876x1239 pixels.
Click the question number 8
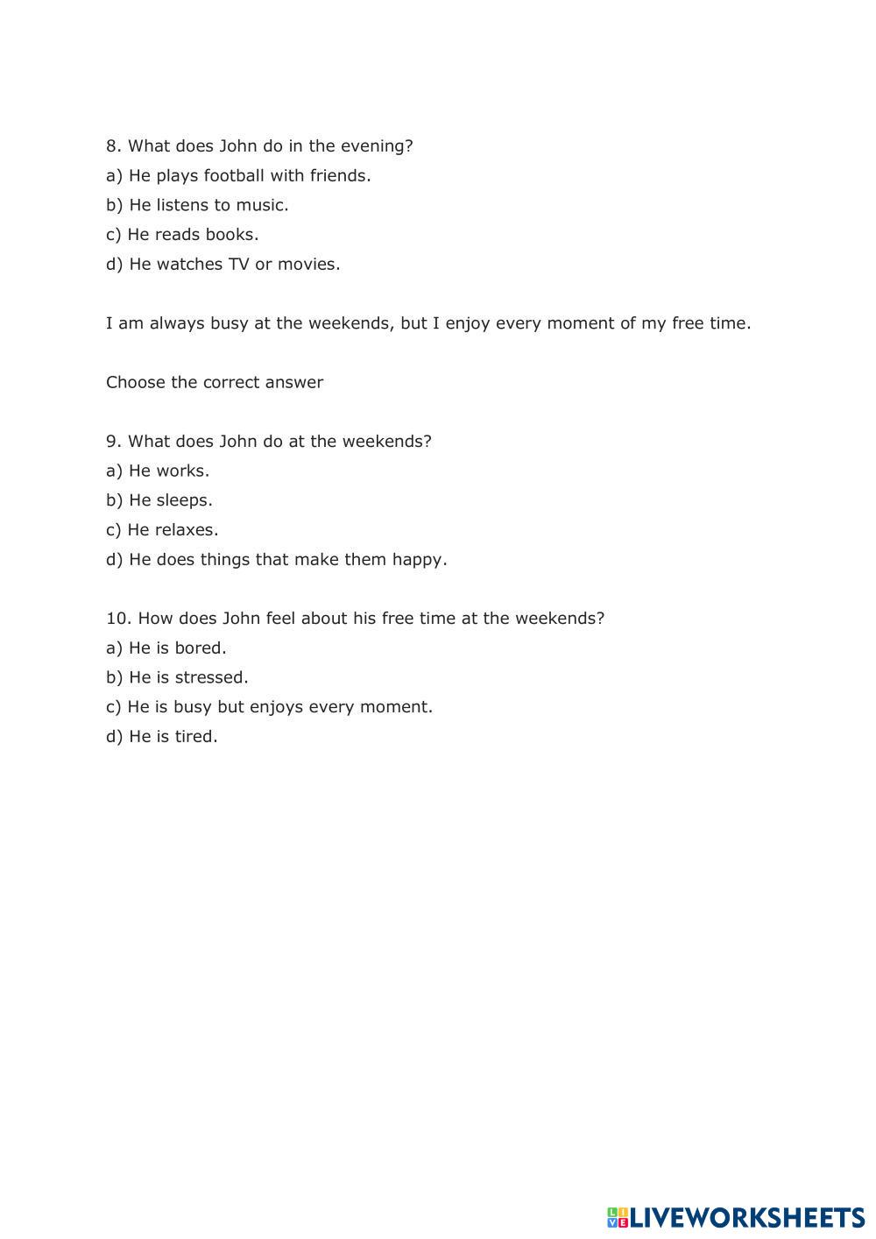click(113, 146)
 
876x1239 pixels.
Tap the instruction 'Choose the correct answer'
click(215, 382)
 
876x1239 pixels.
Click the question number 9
click(113, 442)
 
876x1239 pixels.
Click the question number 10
click(117, 619)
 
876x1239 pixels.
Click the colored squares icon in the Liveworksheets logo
click(617, 1217)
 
